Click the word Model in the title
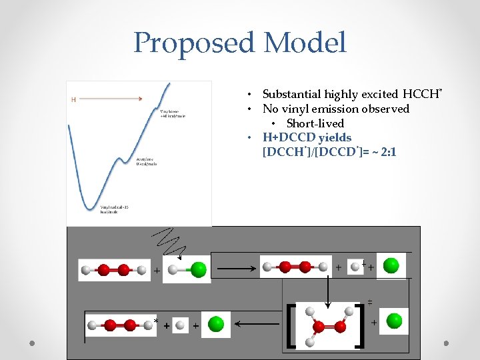pyautogui.click(x=305, y=44)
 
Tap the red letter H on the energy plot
pyautogui.click(x=74, y=100)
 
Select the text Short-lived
pyautogui.click(x=315, y=123)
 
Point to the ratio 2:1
pyautogui.click(x=387, y=153)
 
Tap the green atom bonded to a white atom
pyautogui.click(x=198, y=269)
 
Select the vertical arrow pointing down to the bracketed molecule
pyautogui.click(x=327, y=287)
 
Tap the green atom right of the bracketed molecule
pyautogui.click(x=395, y=321)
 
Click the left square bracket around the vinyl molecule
pyautogui.click(x=290, y=325)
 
